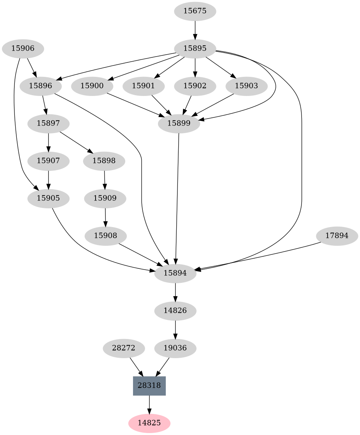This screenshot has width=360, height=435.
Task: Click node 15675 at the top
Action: coord(195,11)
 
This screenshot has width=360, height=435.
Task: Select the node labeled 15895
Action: coord(195,49)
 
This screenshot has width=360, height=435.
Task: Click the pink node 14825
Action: coord(149,423)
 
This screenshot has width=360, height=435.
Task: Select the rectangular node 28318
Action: coord(149,386)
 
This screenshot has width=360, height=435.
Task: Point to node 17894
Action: coord(337,236)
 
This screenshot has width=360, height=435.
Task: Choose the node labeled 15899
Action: coord(179,124)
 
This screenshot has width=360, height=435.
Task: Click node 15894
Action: coord(175,273)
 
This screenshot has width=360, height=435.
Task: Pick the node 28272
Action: coord(124,348)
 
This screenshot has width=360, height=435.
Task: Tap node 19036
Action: coord(175,348)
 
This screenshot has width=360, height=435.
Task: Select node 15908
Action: coord(105,236)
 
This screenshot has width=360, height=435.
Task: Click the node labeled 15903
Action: coord(247,86)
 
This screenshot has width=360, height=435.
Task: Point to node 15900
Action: coord(92,86)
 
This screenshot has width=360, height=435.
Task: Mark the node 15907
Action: coord(48,161)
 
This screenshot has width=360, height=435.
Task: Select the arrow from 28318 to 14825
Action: coord(149,405)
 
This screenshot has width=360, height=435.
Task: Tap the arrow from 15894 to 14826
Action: coord(175,292)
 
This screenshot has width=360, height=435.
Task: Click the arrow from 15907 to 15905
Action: coord(48,179)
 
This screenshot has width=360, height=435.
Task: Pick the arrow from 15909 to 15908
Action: coord(105,217)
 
